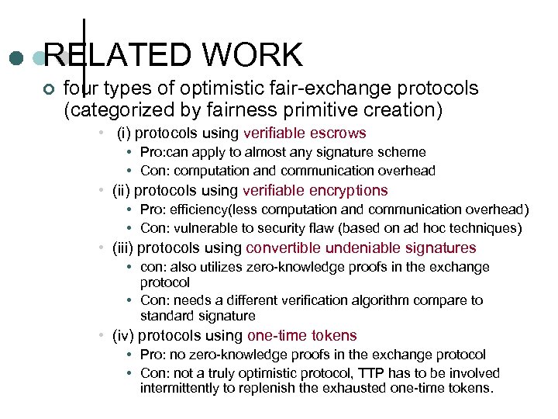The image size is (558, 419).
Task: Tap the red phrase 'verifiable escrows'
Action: coord(305,133)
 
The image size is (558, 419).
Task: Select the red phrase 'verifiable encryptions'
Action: coord(315,190)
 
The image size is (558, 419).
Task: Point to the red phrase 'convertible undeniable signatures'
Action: coord(361,248)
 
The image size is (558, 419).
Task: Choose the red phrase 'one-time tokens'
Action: coord(302,335)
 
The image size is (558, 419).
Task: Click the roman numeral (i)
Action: coord(123,133)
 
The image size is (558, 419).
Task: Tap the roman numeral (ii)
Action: coord(121,190)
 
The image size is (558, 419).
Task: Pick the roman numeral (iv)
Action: coord(122,335)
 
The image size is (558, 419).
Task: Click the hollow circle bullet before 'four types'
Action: coord(49,89)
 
